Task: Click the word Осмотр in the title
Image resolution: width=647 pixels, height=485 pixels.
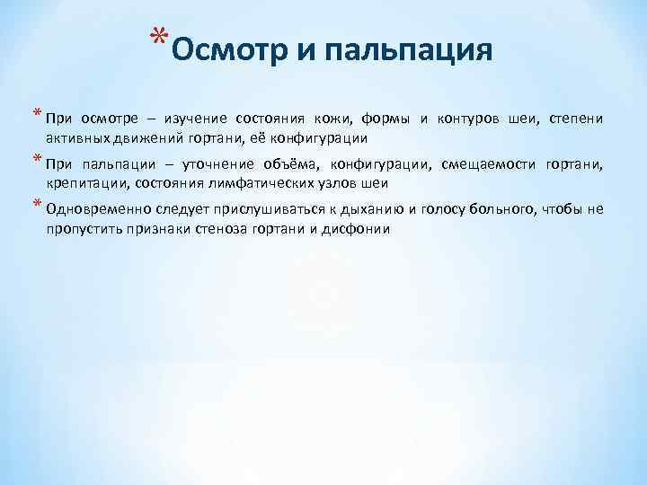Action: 226,50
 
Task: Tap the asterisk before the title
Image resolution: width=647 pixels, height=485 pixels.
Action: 158,40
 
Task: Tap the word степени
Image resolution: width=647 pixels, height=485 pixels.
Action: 577,119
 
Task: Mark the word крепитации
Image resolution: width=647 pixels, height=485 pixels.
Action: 80,184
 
